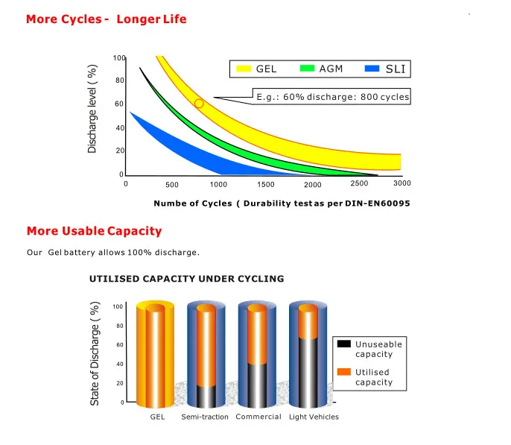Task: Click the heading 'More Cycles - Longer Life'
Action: (x=106, y=19)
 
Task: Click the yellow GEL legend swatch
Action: (x=242, y=69)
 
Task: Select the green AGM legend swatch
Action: (x=308, y=69)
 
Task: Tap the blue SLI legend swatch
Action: (x=373, y=69)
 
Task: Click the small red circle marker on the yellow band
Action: (x=199, y=104)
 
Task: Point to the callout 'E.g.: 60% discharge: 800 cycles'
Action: (x=331, y=97)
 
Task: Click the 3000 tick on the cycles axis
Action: (x=402, y=183)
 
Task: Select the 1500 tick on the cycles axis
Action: (x=266, y=184)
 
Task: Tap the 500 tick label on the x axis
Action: (x=172, y=184)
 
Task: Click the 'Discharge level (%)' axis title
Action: (x=93, y=109)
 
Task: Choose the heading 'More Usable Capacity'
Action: (x=94, y=231)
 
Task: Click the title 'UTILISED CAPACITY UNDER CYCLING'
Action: (x=186, y=279)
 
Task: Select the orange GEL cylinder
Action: (x=156, y=354)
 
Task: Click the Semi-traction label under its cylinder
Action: (x=205, y=417)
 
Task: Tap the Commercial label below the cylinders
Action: (x=258, y=417)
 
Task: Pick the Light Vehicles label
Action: (x=314, y=417)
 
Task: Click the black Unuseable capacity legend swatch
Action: (x=343, y=344)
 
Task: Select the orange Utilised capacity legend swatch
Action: (x=343, y=372)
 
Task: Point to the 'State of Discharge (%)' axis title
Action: (x=95, y=354)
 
